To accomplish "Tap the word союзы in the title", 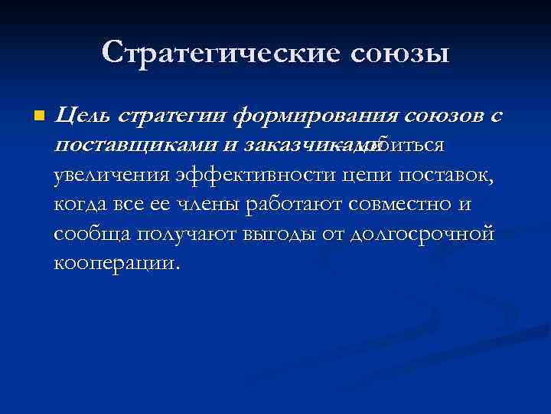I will click(400, 52).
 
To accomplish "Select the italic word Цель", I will click(83, 117).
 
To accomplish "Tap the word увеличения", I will click(109, 176).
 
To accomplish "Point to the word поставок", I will click(448, 176).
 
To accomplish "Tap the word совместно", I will click(406, 205).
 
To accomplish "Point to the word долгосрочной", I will click(422, 234).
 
